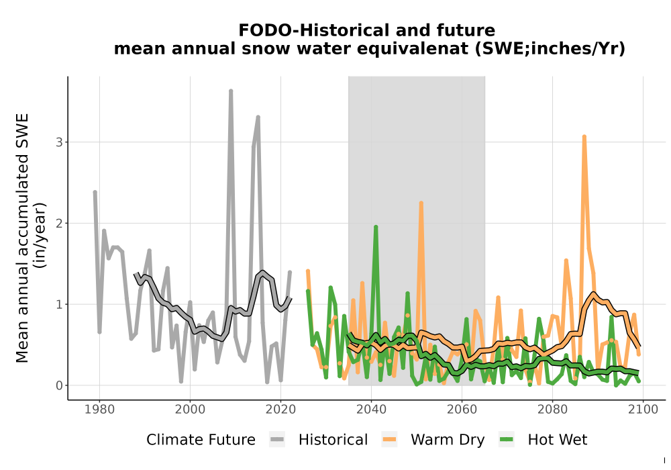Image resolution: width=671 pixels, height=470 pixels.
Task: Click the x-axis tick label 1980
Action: [x=100, y=410]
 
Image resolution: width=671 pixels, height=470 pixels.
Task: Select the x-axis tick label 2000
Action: [x=190, y=410]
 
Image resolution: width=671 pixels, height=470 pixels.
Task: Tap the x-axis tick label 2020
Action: [x=280, y=410]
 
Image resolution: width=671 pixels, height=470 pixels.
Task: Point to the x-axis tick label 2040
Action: [x=372, y=410]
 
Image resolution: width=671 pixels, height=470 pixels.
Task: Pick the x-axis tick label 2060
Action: [x=462, y=410]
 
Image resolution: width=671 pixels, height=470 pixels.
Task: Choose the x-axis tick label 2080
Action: [x=552, y=410]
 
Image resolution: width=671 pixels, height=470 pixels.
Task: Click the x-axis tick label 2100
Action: [x=643, y=410]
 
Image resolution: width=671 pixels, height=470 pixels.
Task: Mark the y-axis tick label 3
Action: [x=60, y=142]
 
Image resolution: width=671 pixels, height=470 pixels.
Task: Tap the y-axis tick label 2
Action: [x=60, y=224]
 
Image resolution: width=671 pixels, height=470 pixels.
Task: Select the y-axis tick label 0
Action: [x=60, y=385]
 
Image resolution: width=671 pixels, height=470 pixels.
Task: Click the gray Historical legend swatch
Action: [x=277, y=440]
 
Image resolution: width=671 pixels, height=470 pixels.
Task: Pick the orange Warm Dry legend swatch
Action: [x=389, y=440]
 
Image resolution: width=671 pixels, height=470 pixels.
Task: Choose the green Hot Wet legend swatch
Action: [x=506, y=440]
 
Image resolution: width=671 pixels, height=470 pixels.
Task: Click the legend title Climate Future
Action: [x=201, y=440]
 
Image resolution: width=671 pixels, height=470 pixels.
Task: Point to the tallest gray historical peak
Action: [x=231, y=91]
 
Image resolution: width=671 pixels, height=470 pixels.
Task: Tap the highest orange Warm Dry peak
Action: [x=584, y=136]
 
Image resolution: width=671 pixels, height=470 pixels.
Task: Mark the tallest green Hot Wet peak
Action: [x=376, y=227]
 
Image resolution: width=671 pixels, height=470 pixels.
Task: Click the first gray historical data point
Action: [x=95, y=192]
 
